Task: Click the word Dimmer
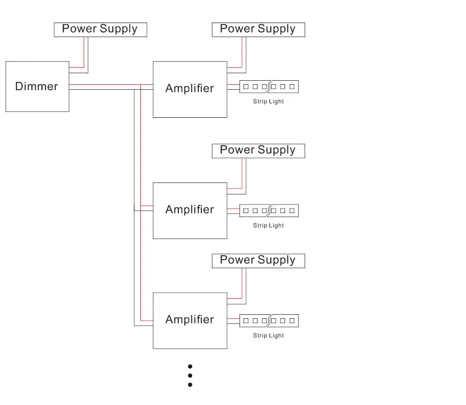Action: point(37,86)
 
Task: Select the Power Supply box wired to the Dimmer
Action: point(100,30)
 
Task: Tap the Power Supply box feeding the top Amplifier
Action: point(258,30)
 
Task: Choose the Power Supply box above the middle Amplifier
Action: point(258,151)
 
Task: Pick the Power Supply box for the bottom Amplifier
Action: point(258,261)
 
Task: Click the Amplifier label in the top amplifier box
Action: point(189,88)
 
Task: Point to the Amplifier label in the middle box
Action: point(189,210)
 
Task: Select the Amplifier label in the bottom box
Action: point(189,319)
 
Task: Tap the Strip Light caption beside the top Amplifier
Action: point(269,101)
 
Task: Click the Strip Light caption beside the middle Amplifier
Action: point(269,226)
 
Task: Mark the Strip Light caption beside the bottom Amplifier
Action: point(269,335)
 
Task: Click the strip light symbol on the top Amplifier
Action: point(269,87)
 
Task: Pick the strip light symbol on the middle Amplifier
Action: point(269,211)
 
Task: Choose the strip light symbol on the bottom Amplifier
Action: point(269,321)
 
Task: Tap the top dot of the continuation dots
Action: point(190,366)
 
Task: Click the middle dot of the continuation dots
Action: point(190,375)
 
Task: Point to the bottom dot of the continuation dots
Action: point(190,385)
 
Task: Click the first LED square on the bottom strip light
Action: point(246,321)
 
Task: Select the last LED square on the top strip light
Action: point(292,87)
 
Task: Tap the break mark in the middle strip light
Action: point(269,211)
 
